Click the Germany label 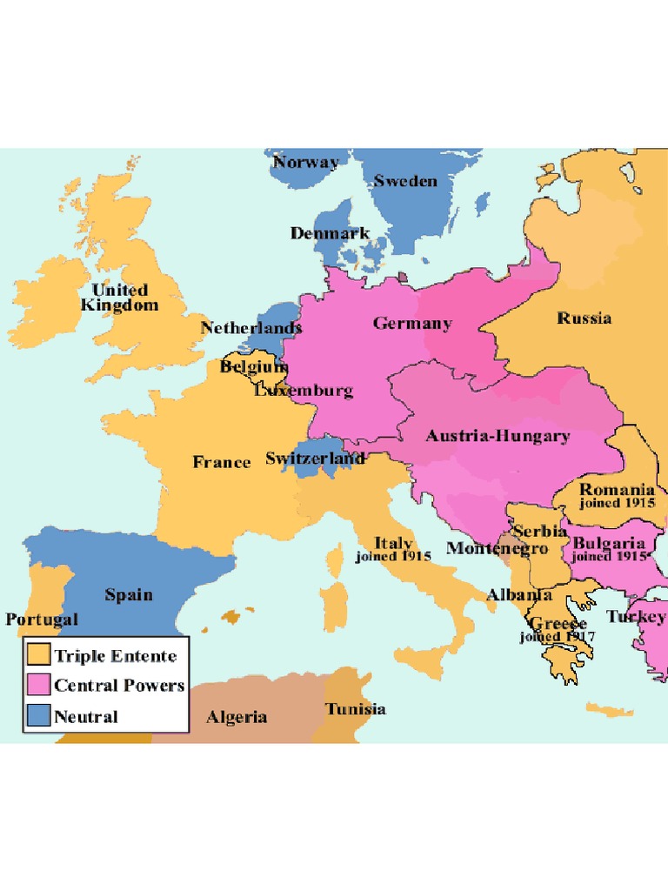tap(412, 324)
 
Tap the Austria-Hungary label tap(498, 436)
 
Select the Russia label tap(584, 318)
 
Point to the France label tap(221, 462)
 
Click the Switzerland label tap(315, 458)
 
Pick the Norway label tap(305, 162)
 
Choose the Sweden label tap(405, 181)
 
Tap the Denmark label tap(330, 233)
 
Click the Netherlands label tap(251, 328)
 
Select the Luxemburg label tap(304, 391)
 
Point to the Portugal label tap(42, 620)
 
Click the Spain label tap(129, 595)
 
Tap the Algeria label tap(237, 718)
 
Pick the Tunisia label tap(356, 709)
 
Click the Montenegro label tap(497, 548)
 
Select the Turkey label tap(636, 617)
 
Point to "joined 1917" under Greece tap(558, 637)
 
